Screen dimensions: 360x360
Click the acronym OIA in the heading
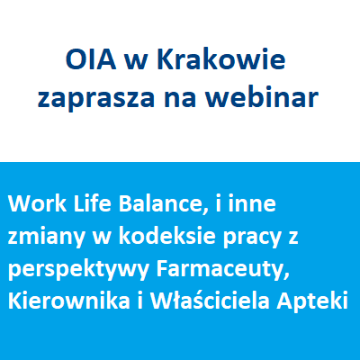(x=91, y=60)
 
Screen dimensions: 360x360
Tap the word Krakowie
(x=220, y=59)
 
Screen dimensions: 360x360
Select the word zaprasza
(x=96, y=98)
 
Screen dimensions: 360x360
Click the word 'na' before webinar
(x=180, y=101)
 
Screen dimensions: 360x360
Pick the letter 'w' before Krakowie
(x=137, y=63)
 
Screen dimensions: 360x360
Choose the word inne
(x=252, y=203)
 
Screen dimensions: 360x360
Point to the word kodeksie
(x=167, y=236)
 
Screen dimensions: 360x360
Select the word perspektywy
(x=78, y=271)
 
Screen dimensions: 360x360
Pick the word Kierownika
(x=69, y=301)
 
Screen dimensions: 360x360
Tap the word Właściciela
(x=210, y=301)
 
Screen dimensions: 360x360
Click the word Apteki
(x=312, y=301)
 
